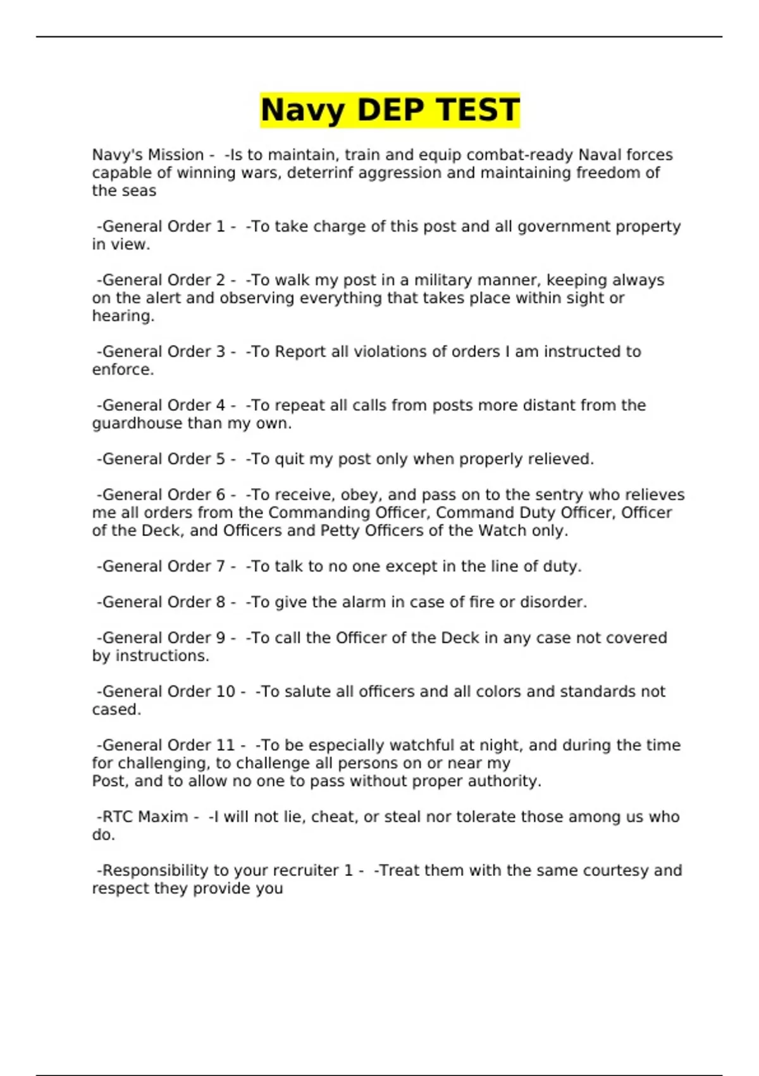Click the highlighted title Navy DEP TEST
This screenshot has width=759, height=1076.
pyautogui.click(x=390, y=109)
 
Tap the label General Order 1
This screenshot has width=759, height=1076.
pyautogui.click(x=163, y=227)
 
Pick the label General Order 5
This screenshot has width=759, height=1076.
pyautogui.click(x=163, y=459)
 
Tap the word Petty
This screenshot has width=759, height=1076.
pyautogui.click(x=340, y=530)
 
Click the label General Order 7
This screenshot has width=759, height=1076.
pyautogui.click(x=163, y=566)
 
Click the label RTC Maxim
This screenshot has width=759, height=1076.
pyautogui.click(x=145, y=817)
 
